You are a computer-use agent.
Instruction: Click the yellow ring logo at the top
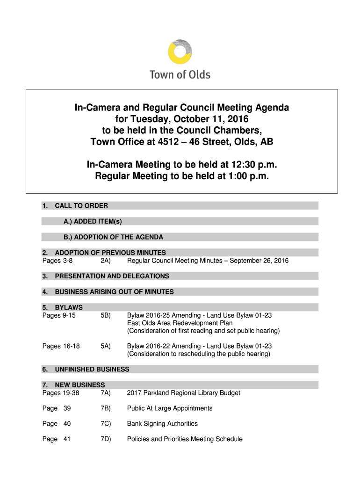tap(180, 51)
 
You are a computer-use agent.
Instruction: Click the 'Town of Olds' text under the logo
tap(180, 74)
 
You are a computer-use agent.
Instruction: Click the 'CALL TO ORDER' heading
tap(81, 206)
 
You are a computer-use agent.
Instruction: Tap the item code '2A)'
tap(105, 261)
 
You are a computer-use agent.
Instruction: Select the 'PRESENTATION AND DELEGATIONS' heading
tap(112, 276)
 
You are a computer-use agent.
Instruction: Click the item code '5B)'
tap(105, 315)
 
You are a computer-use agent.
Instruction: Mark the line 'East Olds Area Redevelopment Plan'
tap(180, 323)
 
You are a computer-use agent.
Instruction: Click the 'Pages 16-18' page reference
tap(61, 346)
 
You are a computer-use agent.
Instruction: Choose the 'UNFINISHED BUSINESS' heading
tap(92, 369)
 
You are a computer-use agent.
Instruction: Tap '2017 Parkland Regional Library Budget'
tap(183, 393)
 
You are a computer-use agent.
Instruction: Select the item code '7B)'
tap(105, 408)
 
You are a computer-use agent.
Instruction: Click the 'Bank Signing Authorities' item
tap(162, 424)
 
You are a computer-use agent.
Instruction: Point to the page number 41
tap(67, 439)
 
